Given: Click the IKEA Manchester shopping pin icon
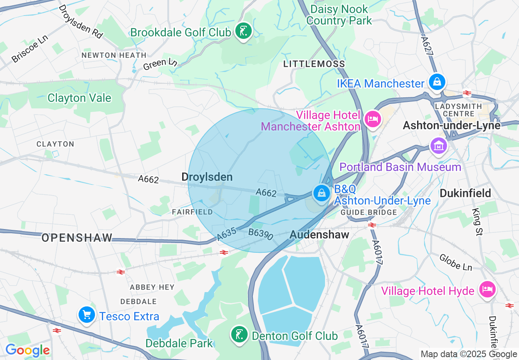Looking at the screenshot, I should pos(437,82).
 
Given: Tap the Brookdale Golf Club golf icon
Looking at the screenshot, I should pos(244,31).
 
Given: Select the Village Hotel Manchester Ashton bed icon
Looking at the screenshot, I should pos(372,119).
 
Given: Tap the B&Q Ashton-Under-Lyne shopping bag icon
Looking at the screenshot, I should pos(322,193).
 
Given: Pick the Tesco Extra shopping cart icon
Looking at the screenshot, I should pos(87,315).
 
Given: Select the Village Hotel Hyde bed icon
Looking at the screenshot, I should pos(487,290).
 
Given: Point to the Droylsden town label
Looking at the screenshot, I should pos(207,177).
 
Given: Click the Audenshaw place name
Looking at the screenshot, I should pos(319,234).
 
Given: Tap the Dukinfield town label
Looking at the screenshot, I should pos(465,193).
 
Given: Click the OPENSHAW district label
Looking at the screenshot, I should pos(77,238).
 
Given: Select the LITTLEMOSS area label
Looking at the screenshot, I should pos(314,64).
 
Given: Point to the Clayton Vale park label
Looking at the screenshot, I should pos(79,98).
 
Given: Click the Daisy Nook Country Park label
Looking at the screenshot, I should pos(339,15).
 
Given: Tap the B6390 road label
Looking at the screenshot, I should pos(260,234).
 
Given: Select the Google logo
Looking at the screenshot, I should pos(27,350).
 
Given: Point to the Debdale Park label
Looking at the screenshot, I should pos(179,343).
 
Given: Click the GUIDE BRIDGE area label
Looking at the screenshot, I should pos(369,212).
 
